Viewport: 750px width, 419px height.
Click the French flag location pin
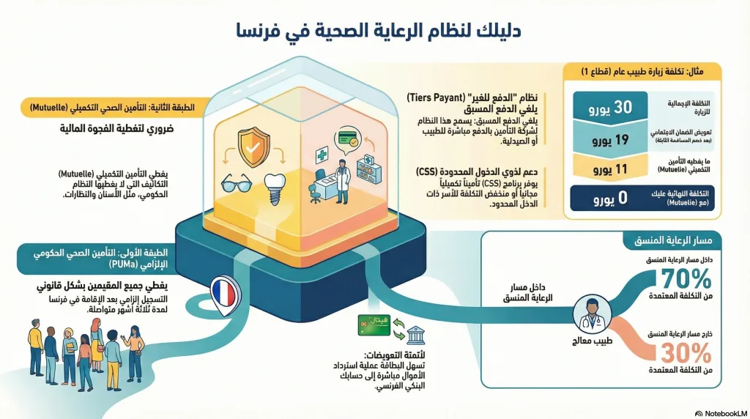point(223,292)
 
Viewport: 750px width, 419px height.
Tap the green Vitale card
point(373,325)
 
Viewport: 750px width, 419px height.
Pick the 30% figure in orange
point(686,353)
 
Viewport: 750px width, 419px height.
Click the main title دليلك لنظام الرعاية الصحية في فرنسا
point(374,29)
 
